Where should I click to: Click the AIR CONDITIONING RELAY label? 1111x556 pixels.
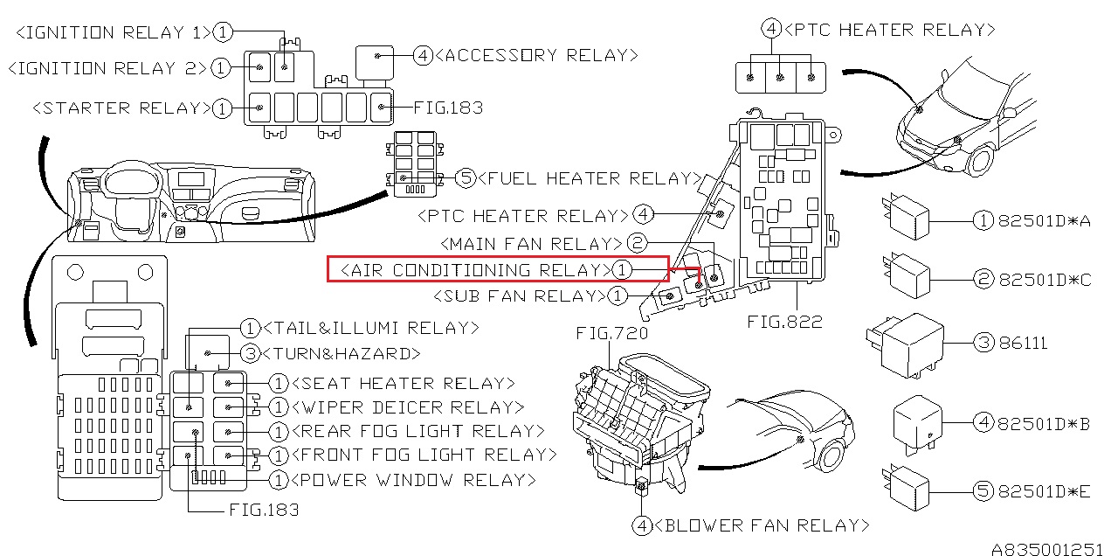(x=476, y=270)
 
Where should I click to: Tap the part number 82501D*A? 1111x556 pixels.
(x=1044, y=220)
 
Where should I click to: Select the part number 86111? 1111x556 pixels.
(x=1023, y=343)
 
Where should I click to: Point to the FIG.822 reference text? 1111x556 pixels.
(x=784, y=322)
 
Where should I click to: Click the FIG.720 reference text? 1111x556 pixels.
(x=612, y=332)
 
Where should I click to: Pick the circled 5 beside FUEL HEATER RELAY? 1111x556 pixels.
(x=466, y=177)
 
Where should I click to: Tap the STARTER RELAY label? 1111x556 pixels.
(x=122, y=108)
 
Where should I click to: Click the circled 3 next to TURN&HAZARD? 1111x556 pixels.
(x=250, y=353)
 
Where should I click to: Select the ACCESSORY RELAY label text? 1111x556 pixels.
(x=536, y=55)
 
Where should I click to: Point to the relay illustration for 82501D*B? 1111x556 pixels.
(x=918, y=425)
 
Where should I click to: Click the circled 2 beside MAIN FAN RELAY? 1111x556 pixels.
(x=637, y=243)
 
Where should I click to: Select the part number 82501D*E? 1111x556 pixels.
(x=1044, y=491)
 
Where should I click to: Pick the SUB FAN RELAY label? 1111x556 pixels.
(x=520, y=295)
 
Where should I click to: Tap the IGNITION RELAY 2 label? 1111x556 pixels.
(x=107, y=68)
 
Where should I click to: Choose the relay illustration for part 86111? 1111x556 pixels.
(x=905, y=345)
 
